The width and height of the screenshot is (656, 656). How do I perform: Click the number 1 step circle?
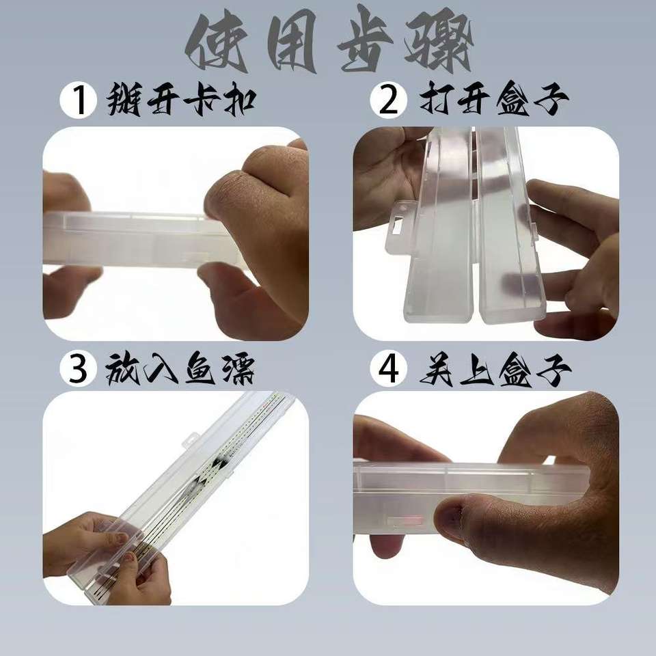point(78,100)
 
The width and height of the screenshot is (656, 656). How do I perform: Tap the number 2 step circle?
point(389,100)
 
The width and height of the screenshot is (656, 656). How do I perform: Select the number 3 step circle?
point(78,368)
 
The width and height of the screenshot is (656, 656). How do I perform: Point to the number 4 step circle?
point(389,368)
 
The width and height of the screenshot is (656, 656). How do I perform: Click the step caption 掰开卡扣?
point(180,100)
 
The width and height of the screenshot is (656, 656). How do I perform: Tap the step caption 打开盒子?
point(493,100)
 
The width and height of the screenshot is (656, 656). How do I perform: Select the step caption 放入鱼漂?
point(180,368)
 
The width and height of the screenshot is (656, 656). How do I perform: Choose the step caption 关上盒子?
point(495,368)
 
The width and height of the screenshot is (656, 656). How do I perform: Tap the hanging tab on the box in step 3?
point(191,440)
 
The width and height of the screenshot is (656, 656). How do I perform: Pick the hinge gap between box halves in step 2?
point(476,226)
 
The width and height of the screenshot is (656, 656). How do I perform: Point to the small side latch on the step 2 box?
point(534,229)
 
